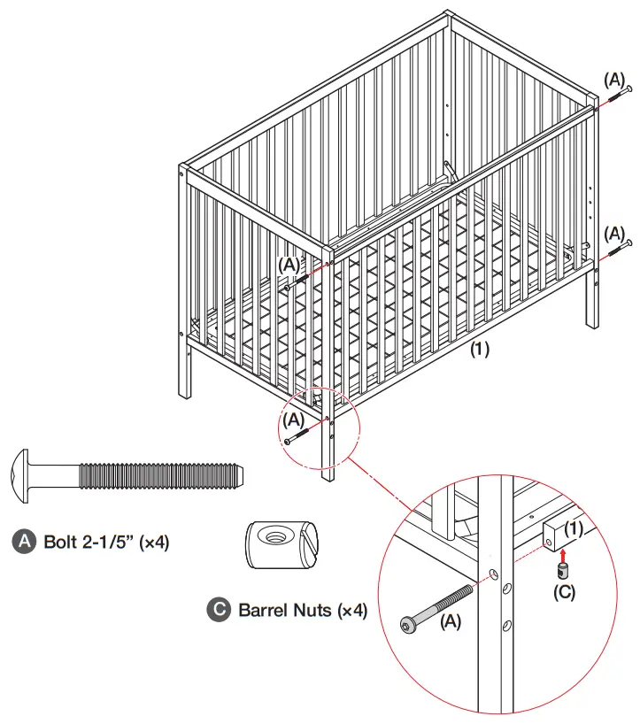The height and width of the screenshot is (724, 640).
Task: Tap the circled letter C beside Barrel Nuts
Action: click(218, 610)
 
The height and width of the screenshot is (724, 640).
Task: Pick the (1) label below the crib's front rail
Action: click(479, 349)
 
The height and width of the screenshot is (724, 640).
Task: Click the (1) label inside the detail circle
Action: click(574, 528)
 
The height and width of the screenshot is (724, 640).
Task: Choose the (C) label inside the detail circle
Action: click(564, 592)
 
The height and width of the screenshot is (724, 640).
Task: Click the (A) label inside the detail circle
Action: click(451, 622)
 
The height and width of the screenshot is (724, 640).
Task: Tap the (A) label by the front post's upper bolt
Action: click(289, 264)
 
